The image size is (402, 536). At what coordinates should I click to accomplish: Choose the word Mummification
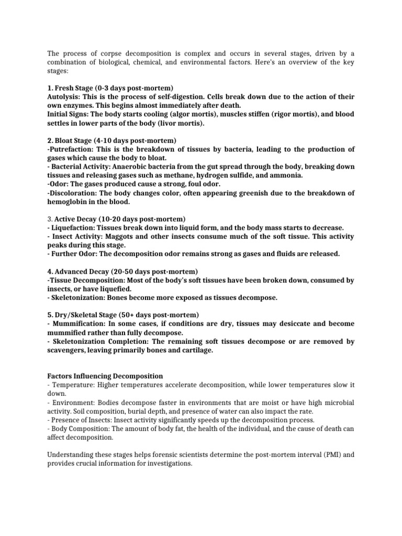79,324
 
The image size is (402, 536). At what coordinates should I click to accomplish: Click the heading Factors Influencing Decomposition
105,376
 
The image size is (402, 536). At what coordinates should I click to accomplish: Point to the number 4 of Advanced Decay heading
49,271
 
